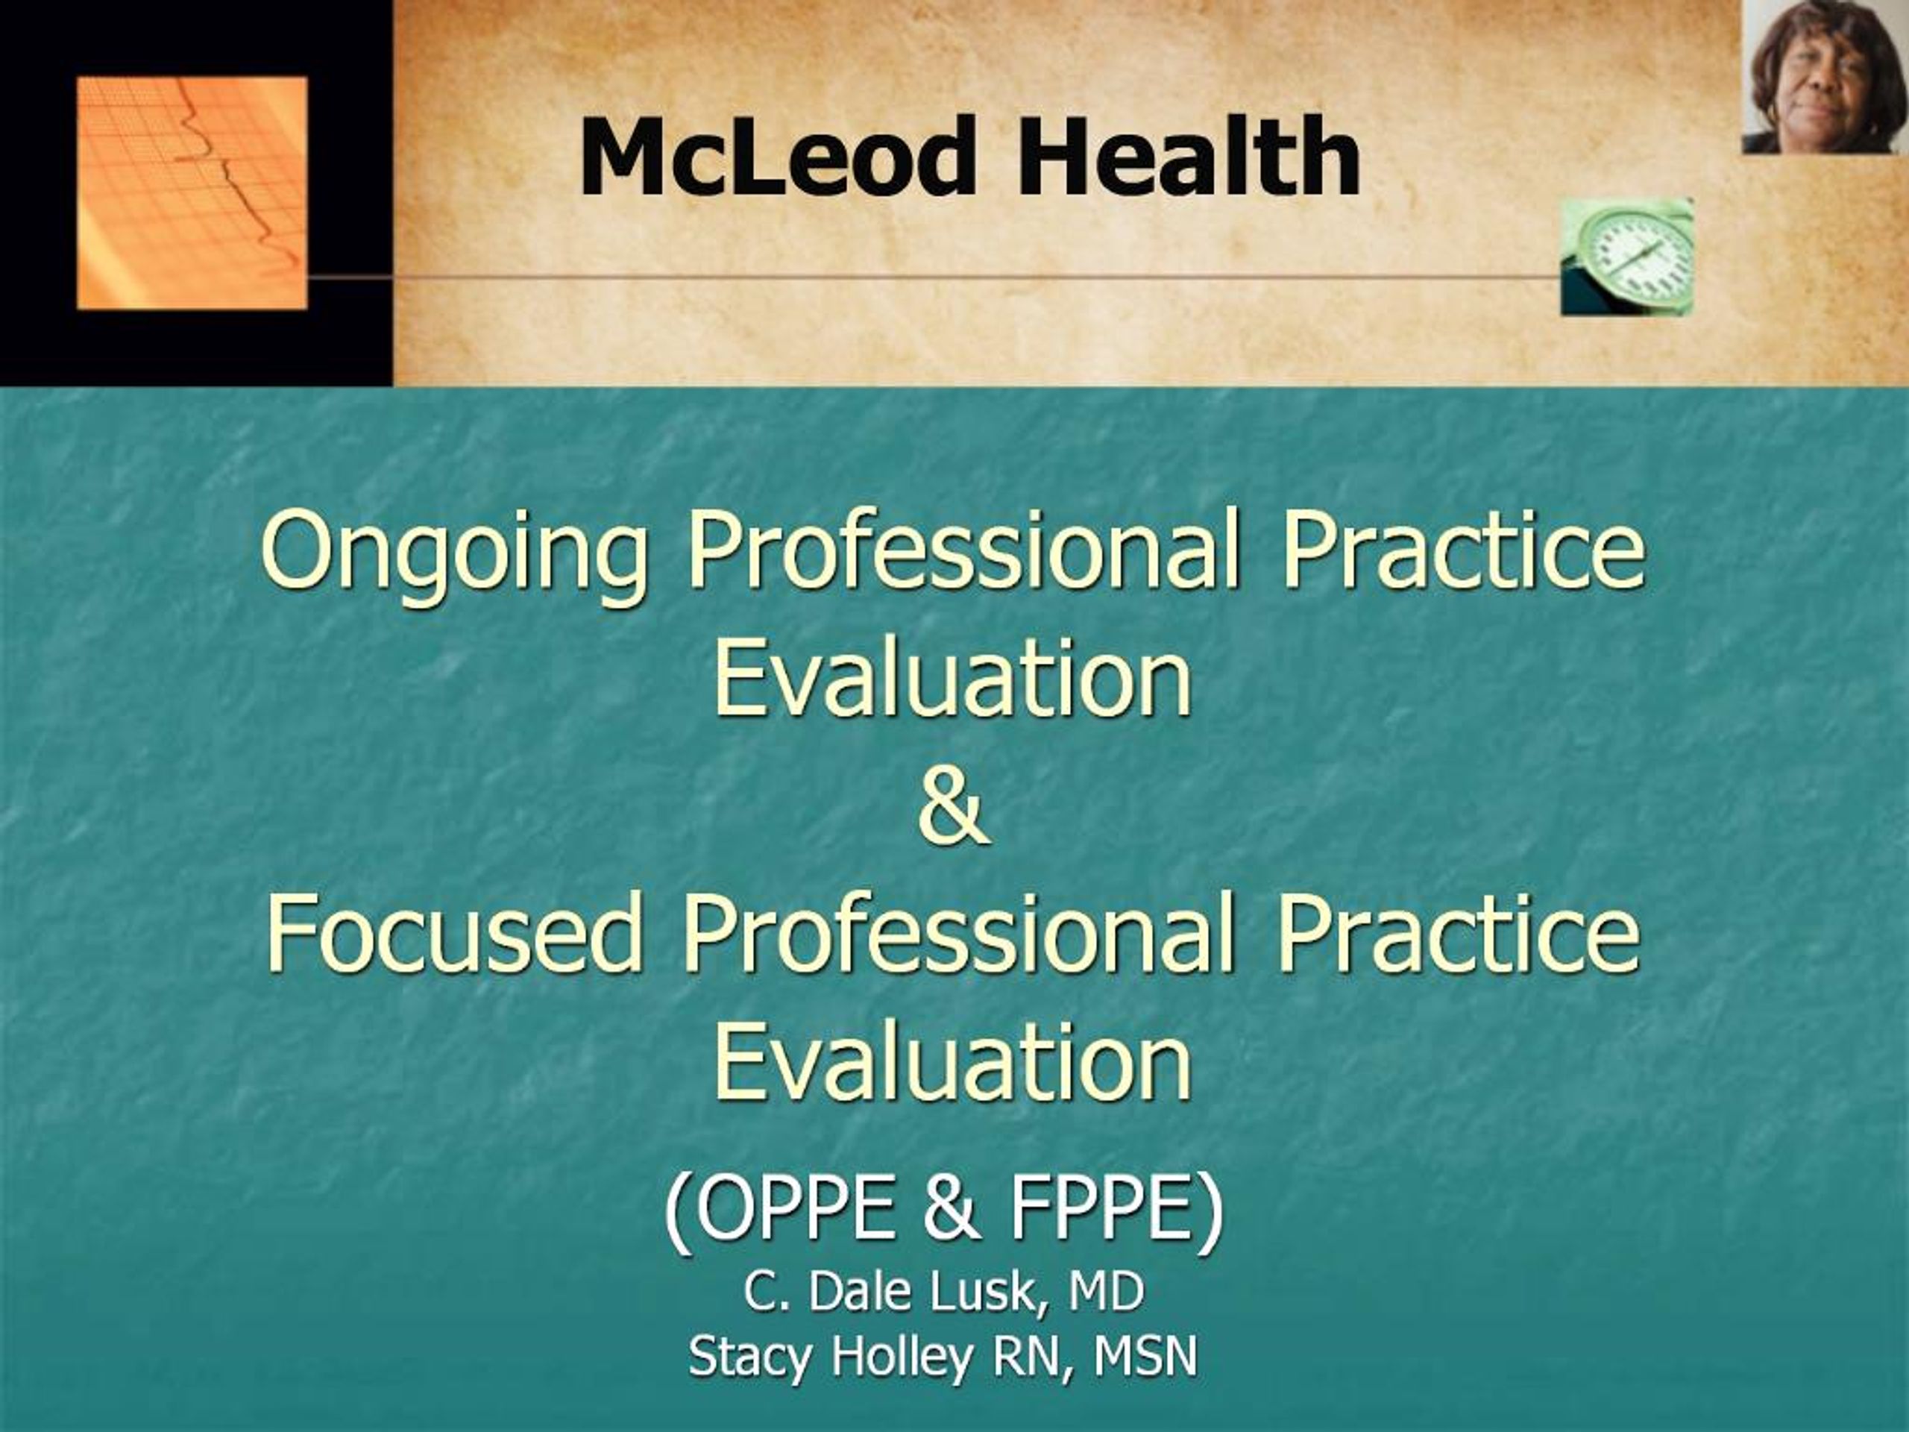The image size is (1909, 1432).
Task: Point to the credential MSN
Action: tap(1145, 1357)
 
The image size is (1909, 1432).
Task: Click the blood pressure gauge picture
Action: tap(1627, 257)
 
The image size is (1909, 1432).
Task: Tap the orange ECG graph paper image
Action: tap(192, 192)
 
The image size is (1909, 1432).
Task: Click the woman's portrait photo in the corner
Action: tap(1823, 76)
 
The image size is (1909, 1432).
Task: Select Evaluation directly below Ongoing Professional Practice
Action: tap(953, 680)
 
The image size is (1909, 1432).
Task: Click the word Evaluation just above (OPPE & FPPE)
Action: tap(953, 1064)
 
